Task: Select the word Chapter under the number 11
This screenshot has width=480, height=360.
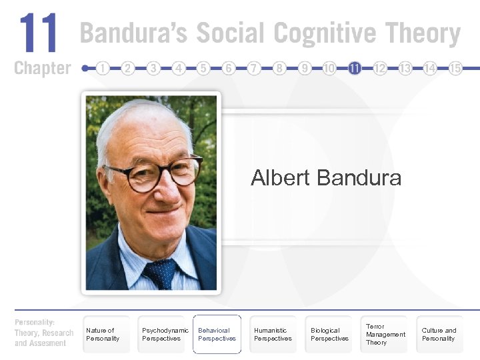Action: pyautogui.click(x=42, y=68)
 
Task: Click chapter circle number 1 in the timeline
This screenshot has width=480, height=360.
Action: pyautogui.click(x=103, y=68)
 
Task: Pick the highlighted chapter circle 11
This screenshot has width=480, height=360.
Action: pyautogui.click(x=355, y=68)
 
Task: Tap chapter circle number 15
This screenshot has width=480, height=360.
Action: pyautogui.click(x=455, y=68)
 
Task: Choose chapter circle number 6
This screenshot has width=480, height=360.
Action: pyautogui.click(x=229, y=68)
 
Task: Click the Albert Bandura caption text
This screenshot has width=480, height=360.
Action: pyautogui.click(x=326, y=178)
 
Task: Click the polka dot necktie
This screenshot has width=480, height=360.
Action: pyautogui.click(x=160, y=272)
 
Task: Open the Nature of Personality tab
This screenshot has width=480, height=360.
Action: pyautogui.click(x=103, y=334)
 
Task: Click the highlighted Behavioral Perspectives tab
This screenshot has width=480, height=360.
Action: pyautogui.click(x=217, y=334)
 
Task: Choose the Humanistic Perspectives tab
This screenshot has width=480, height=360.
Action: pyautogui.click(x=273, y=334)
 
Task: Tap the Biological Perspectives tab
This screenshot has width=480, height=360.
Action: pyautogui.click(x=329, y=334)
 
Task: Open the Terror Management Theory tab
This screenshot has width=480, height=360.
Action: pyautogui.click(x=385, y=334)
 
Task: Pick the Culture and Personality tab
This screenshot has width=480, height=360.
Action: pyautogui.click(x=439, y=334)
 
